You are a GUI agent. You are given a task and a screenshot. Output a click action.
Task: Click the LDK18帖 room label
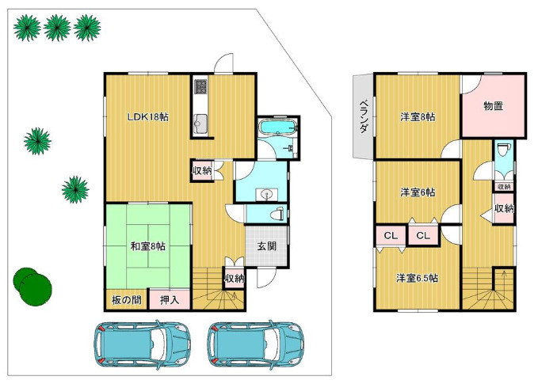148,117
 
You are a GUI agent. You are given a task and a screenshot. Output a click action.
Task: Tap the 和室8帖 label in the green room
148,246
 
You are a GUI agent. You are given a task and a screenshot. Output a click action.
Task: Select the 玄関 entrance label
266,245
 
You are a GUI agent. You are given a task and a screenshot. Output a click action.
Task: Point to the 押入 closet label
170,300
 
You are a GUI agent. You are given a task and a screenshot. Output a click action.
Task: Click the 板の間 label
126,300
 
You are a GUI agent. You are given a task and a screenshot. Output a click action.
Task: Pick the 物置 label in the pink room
493,106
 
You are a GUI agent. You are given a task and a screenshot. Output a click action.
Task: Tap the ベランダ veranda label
364,116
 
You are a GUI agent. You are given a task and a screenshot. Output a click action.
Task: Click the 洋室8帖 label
418,117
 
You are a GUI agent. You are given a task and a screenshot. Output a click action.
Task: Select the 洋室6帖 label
418,192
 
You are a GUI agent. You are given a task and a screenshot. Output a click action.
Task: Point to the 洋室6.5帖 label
417,278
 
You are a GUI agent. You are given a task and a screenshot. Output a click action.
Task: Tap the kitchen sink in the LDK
200,124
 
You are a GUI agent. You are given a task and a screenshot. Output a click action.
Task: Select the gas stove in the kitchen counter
200,87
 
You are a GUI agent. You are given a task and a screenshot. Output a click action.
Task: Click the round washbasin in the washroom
266,196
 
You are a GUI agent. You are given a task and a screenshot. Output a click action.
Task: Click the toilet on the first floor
277,215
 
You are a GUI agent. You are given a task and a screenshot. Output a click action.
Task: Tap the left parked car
142,344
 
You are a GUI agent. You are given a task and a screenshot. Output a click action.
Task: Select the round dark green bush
32,285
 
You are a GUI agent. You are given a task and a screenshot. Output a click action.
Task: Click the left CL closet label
391,236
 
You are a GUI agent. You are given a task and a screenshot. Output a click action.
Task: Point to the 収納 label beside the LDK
201,170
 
